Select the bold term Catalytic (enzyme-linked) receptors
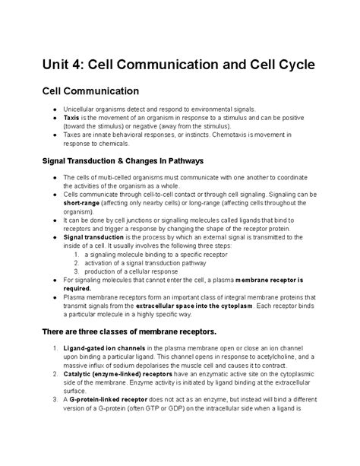pyautogui.click(x=122, y=374)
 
